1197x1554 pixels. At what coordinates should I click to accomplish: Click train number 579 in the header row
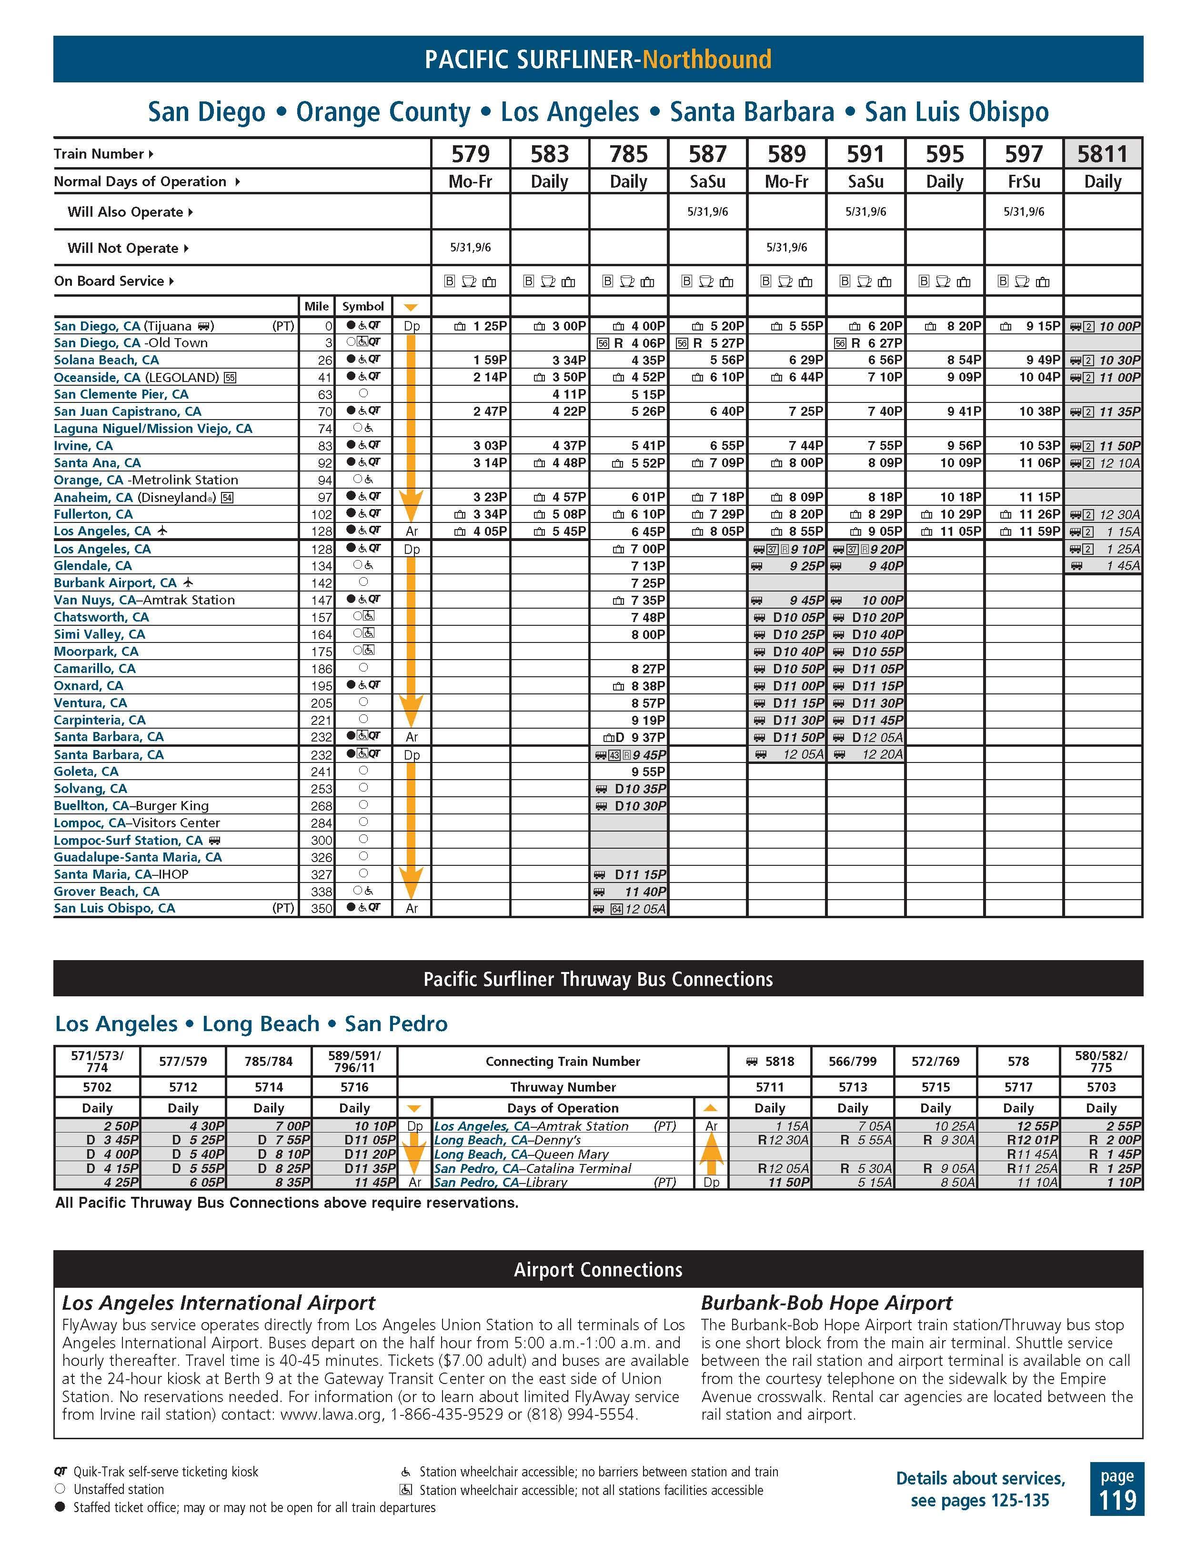pos(471,154)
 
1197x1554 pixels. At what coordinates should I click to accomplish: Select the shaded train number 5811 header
pos(1102,154)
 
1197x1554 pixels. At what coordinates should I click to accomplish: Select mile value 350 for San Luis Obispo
pos(322,909)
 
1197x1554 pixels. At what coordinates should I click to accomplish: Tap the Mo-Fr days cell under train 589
pos(786,181)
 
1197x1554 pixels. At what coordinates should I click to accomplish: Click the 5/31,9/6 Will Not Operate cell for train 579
pos(471,248)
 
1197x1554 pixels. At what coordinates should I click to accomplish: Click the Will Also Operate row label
pos(125,212)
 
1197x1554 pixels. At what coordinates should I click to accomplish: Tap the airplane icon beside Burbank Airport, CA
pos(188,582)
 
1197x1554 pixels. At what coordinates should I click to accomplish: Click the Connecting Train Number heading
pos(562,1061)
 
